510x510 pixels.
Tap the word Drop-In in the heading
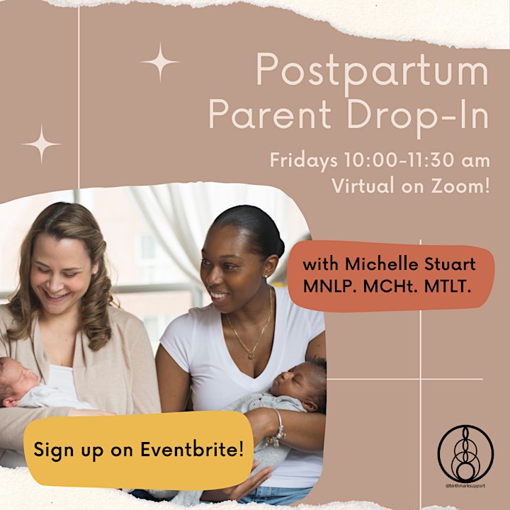(418, 115)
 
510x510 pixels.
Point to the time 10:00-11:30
(399, 160)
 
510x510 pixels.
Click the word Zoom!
(460, 186)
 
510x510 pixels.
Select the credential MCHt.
(390, 286)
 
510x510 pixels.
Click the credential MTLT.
(448, 286)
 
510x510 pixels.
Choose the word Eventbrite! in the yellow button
(192, 450)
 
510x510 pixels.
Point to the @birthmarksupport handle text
(465, 486)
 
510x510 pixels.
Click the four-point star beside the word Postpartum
(160, 62)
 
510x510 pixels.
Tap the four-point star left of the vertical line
(41, 144)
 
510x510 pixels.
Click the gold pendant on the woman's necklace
(251, 356)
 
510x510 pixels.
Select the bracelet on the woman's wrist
(278, 429)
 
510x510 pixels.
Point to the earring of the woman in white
(266, 276)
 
